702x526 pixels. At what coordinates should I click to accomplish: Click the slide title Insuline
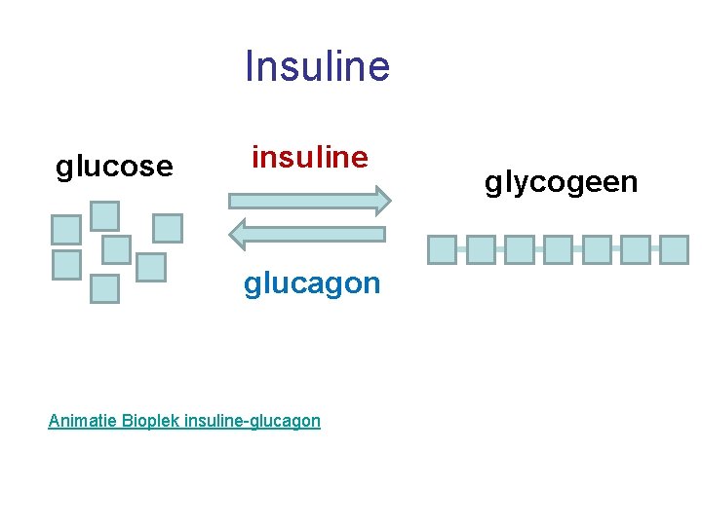[x=317, y=66]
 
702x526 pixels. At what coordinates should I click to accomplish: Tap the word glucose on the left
[x=114, y=167]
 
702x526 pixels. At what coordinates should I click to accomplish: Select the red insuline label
[x=310, y=157]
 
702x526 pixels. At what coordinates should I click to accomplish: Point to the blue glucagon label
[x=312, y=283]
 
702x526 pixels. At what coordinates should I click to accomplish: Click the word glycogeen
[x=562, y=182]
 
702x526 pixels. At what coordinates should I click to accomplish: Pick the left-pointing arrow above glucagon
[x=308, y=234]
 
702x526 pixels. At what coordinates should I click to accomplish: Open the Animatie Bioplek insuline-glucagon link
[x=184, y=421]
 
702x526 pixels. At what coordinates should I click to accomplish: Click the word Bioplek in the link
[x=151, y=421]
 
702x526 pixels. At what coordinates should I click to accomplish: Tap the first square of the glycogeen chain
[x=442, y=250]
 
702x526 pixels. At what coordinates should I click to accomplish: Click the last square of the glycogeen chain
[x=674, y=250]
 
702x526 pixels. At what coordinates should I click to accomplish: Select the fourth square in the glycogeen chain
[x=558, y=250]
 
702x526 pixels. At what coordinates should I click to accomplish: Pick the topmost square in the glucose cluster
[x=104, y=215]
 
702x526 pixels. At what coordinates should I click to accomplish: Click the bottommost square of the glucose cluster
[x=104, y=289]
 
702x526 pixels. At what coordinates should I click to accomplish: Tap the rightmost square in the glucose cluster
[x=168, y=228]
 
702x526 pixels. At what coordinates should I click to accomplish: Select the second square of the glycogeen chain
[x=481, y=250]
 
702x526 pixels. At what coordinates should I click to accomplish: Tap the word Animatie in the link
[x=82, y=421]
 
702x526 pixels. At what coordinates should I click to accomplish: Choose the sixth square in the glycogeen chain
[x=636, y=250]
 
